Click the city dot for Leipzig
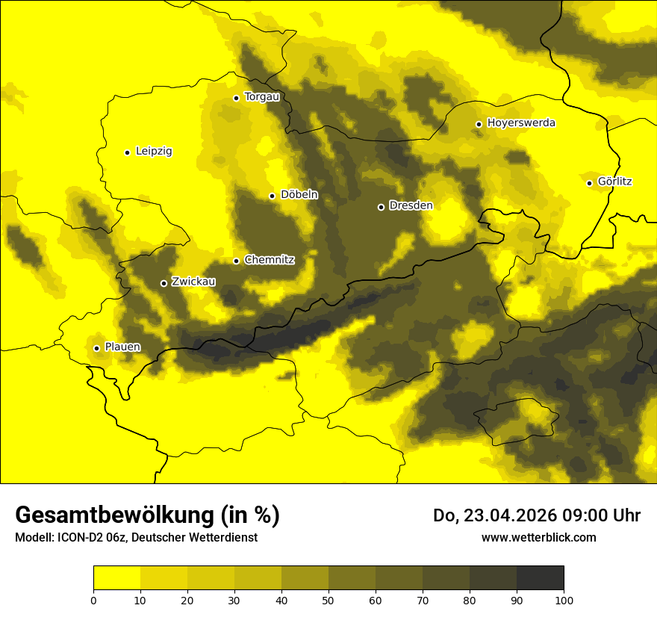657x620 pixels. [x=127, y=152]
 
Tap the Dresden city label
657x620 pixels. [x=411, y=205]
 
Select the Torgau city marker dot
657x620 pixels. [x=236, y=98]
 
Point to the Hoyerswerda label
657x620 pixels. [x=521, y=123]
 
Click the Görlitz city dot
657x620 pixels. [x=589, y=183]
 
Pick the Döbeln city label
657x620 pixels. [x=299, y=195]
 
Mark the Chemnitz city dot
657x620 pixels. [x=236, y=261]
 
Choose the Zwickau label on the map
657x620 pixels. [x=193, y=282]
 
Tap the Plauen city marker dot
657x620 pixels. [x=96, y=348]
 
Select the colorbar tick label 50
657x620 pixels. [x=328, y=600]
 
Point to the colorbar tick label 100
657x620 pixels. [x=564, y=600]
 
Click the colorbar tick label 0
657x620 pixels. [x=93, y=600]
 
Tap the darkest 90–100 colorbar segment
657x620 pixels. [x=540, y=577]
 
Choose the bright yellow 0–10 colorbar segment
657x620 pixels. [x=116, y=577]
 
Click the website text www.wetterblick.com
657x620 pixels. [x=538, y=537]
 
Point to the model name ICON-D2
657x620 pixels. [x=75, y=538]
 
